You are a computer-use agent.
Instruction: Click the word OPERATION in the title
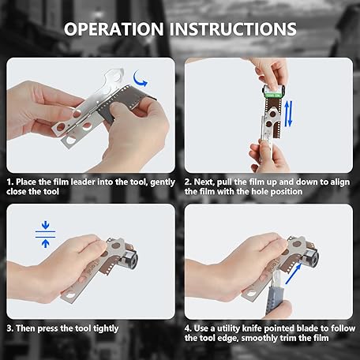click(x=114, y=29)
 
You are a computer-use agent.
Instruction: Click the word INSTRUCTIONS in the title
click(x=233, y=29)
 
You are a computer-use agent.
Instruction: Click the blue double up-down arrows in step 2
click(x=289, y=114)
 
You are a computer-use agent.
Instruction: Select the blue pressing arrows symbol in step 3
click(x=45, y=234)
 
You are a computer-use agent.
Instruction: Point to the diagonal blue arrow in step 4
click(x=293, y=274)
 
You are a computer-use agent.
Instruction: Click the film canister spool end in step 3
click(x=131, y=259)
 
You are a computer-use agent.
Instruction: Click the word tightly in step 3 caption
click(x=106, y=328)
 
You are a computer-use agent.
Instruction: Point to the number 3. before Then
click(x=10, y=328)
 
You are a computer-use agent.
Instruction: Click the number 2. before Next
click(x=188, y=182)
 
